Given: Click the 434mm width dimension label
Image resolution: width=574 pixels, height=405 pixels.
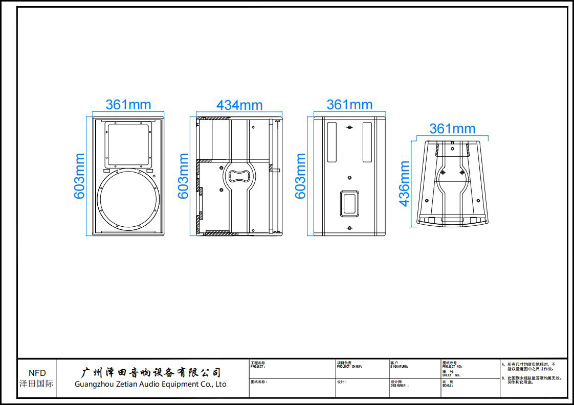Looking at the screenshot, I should (x=239, y=105).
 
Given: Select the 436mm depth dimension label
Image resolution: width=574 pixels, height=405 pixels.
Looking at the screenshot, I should (x=405, y=183).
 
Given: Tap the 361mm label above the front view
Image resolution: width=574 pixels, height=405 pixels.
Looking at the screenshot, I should (x=128, y=105).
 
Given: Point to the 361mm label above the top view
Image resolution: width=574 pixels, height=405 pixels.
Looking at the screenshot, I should (x=452, y=129).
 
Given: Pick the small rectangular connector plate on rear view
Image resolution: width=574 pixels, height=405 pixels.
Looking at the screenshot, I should (x=349, y=203).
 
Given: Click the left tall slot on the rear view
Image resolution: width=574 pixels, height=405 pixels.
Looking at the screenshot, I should (x=331, y=141).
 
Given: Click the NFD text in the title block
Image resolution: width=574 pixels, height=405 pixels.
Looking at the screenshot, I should (x=37, y=373).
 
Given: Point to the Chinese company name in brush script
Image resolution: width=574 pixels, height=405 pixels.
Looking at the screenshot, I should (x=151, y=372).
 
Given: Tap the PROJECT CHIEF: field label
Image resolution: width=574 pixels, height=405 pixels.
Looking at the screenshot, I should (x=349, y=367).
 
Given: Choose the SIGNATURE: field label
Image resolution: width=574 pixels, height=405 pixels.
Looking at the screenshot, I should (x=399, y=367).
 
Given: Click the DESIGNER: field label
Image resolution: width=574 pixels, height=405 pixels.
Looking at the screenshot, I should (x=400, y=386).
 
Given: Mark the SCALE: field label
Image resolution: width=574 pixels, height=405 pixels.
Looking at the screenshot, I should (x=448, y=386).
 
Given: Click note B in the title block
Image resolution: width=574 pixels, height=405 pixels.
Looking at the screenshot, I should (x=532, y=380).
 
